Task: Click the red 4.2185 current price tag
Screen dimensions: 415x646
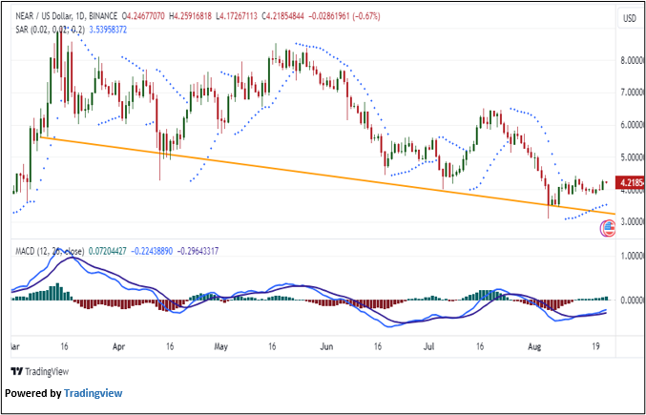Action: (x=626, y=181)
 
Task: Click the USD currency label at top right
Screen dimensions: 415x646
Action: (x=629, y=19)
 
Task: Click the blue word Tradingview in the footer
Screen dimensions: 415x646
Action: (x=93, y=393)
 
